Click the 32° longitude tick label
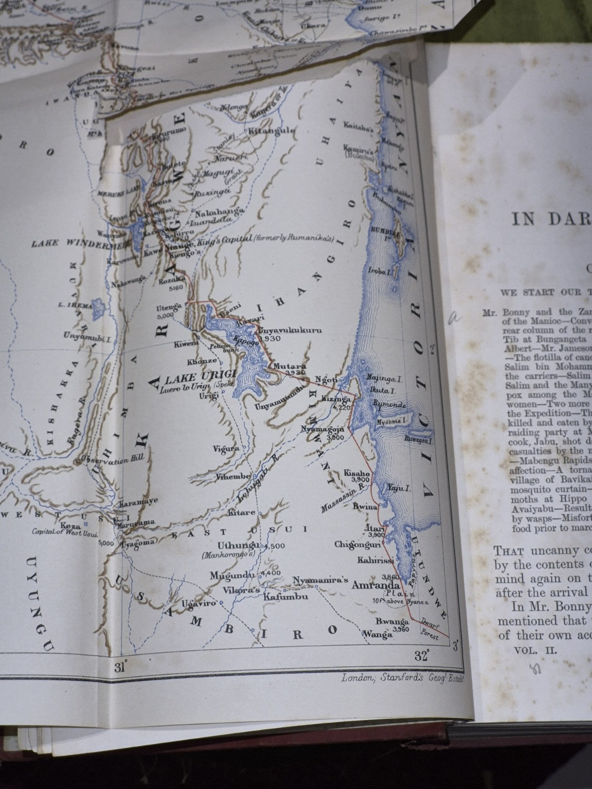point(421,656)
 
